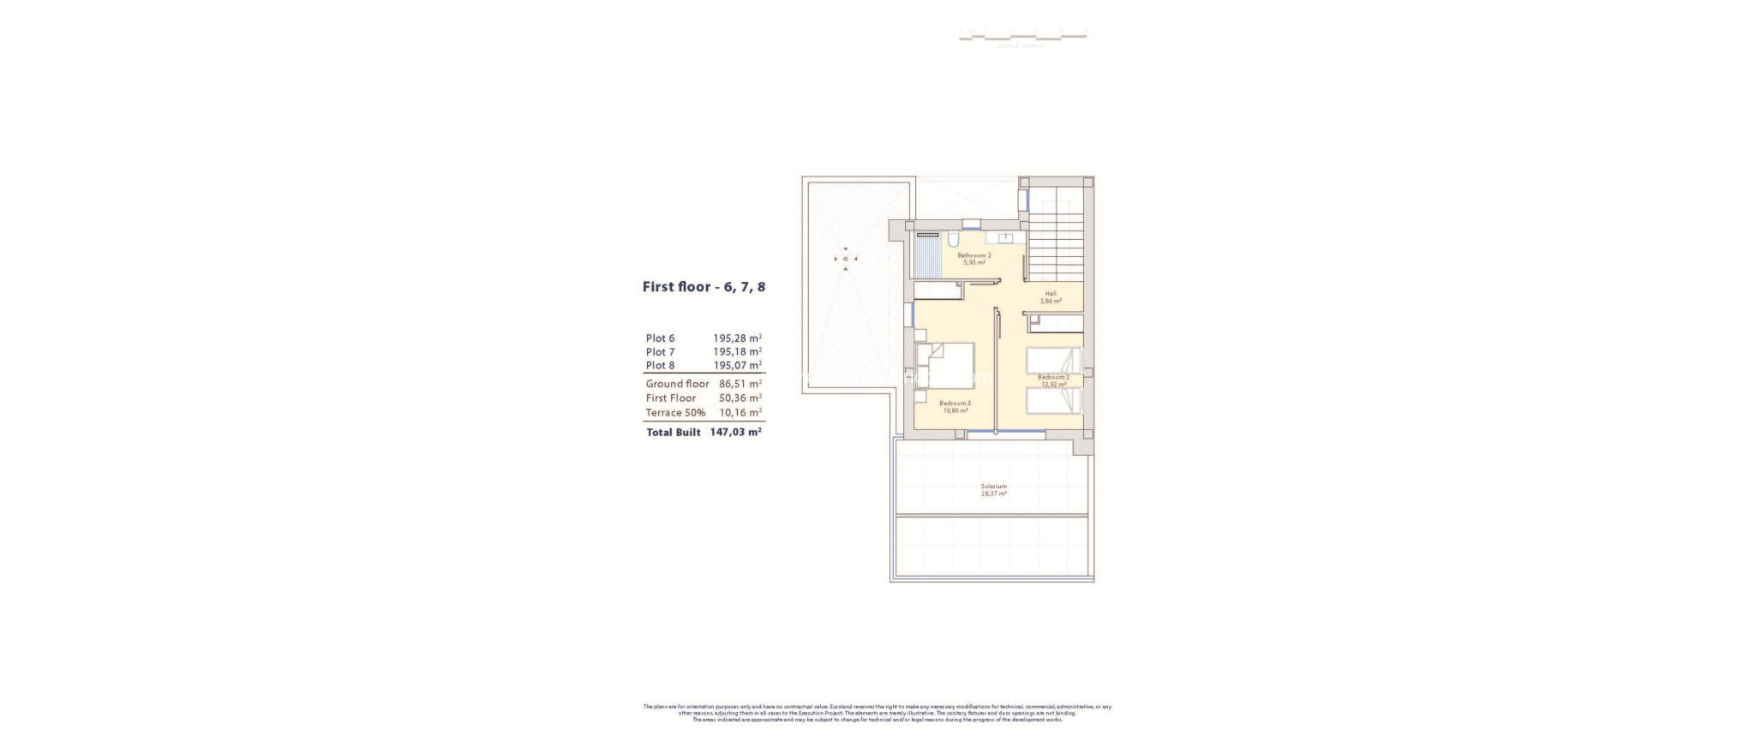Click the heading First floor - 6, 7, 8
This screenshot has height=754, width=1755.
coord(704,287)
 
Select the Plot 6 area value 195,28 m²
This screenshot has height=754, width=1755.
coord(737,338)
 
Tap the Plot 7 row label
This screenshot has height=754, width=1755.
coord(660,352)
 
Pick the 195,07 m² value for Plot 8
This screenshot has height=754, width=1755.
coord(737,366)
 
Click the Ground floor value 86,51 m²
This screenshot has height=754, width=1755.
coord(740,384)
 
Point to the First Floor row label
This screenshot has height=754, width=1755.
coord(671,398)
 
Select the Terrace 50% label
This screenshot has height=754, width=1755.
coord(675,413)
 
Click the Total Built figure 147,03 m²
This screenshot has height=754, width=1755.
coord(735,433)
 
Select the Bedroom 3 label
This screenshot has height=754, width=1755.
coord(955,406)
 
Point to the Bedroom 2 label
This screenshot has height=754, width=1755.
coord(1053,380)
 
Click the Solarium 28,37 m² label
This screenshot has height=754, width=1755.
coord(994,490)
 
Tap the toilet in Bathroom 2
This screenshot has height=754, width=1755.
coord(954,240)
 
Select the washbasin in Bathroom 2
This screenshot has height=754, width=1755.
coord(1003,239)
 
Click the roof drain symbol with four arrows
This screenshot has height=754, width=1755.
coord(846,259)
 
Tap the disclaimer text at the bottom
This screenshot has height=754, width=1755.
coord(877,713)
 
